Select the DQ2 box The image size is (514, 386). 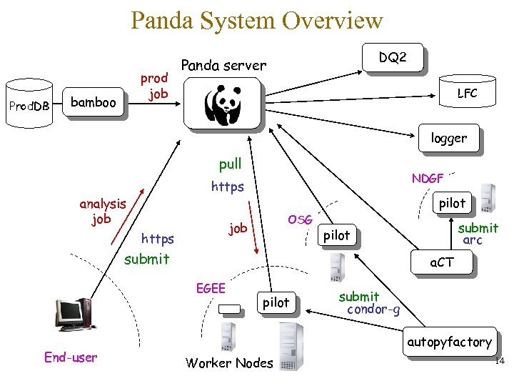coord(393,57)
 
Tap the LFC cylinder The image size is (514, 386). coord(467,92)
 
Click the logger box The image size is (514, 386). coord(448,139)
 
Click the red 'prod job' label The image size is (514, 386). coord(153,86)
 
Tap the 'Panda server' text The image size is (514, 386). coord(223,65)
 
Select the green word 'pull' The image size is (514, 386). coord(230,164)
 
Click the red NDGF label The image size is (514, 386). coord(428,179)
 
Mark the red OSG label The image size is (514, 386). coord(300,219)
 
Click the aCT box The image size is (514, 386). coord(440,262)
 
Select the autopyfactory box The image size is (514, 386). coord(449,342)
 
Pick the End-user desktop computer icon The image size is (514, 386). coord(74,315)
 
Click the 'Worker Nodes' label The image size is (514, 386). coord(229,363)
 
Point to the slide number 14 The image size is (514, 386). coord(499,361)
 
